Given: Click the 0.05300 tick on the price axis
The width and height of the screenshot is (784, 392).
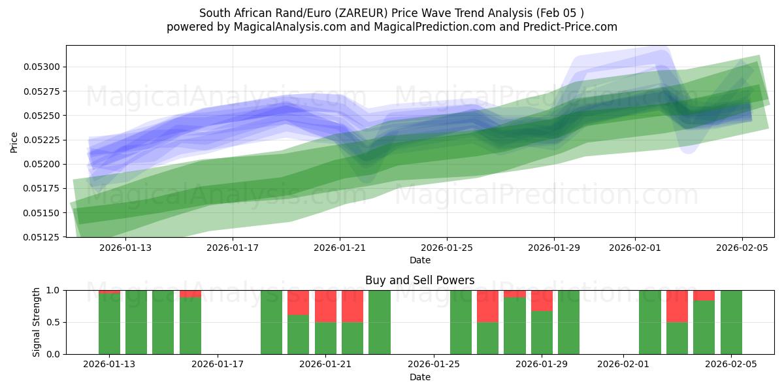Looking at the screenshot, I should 42,67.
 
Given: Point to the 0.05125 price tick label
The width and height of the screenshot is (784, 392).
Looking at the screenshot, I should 42,237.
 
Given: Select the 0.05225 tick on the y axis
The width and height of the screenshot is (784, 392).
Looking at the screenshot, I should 42,140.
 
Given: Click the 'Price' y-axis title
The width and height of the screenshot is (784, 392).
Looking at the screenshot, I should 14,142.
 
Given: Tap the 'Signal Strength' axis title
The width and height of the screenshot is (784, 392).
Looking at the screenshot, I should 37,322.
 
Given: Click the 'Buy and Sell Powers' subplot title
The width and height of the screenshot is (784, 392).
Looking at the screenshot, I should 419,280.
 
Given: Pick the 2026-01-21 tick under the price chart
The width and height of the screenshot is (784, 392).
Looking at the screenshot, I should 340,248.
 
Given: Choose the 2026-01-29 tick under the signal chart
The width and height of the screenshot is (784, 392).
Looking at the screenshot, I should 542,363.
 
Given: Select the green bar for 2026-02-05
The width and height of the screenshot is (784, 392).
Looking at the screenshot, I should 731,322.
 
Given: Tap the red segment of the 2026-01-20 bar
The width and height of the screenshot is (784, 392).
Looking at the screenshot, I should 298,302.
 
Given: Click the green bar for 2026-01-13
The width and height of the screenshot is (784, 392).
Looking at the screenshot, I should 109,323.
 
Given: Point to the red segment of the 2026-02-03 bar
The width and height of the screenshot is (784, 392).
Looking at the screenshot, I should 677,306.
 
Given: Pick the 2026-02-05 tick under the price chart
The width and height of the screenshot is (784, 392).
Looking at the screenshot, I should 742,248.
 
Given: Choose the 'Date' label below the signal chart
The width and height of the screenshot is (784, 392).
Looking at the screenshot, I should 419,377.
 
